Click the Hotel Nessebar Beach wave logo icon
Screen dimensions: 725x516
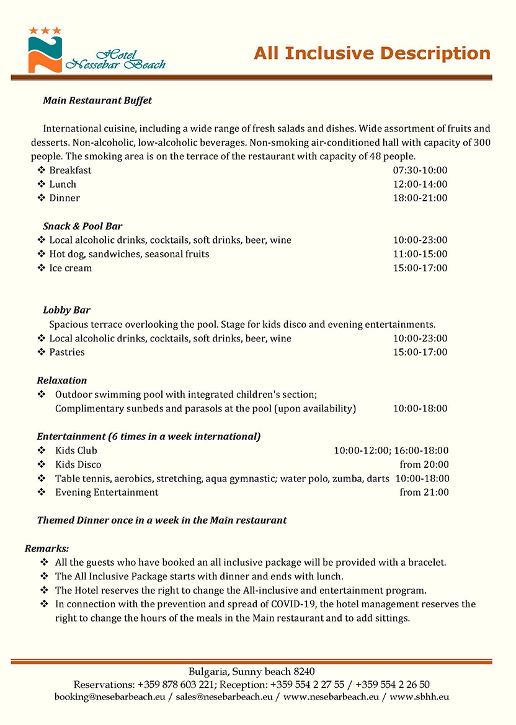(45, 52)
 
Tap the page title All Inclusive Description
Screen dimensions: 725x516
(372, 53)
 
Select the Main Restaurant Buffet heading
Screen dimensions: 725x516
(97, 100)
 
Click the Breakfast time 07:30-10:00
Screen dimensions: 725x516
(420, 170)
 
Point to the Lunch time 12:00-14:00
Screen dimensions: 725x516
(420, 184)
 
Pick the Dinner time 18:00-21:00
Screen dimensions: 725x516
(420, 198)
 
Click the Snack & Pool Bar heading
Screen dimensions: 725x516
(82, 226)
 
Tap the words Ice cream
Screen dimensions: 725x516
(71, 268)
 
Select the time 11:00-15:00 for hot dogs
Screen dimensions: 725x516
(420, 254)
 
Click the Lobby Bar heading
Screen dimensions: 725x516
(67, 310)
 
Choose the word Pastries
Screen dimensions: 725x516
(67, 353)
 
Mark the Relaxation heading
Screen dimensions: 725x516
(62, 380)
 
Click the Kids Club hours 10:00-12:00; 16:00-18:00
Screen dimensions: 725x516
(391, 450)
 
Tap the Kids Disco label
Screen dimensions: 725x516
(78, 465)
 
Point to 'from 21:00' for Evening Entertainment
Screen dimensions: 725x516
(424, 493)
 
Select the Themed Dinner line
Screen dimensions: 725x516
(162, 521)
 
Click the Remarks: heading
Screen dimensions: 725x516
(47, 549)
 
